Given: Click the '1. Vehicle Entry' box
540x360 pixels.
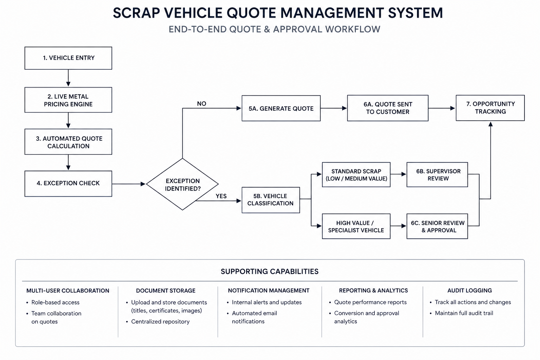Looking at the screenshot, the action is [68, 58].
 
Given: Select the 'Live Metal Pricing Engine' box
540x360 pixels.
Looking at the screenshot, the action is [68, 100].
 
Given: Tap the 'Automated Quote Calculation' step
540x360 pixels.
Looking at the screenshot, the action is [68, 142].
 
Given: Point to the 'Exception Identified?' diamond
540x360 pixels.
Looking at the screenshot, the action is [182, 184].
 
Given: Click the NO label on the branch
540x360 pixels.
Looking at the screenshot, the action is [201, 104].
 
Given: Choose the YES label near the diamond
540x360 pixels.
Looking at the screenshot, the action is [221, 196].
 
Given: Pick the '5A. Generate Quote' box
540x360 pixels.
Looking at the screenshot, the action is [281, 108].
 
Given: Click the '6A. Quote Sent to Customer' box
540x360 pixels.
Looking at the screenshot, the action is [388, 108].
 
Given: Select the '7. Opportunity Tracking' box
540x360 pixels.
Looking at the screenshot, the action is [490, 108].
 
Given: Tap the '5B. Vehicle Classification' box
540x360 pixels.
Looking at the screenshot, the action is [271, 200].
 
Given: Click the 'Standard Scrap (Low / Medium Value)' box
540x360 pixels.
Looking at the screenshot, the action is [356, 175].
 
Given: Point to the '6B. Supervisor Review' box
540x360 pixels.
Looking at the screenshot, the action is [437, 175].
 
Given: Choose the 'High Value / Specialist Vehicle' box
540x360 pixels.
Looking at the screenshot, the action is [356, 226].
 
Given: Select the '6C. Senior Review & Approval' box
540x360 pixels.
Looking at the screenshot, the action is [437, 226].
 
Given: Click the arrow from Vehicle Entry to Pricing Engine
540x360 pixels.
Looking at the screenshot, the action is [68, 78].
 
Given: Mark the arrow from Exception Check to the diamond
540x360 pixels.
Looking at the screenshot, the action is [129, 184].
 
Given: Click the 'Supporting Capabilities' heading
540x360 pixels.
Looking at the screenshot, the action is [270, 271].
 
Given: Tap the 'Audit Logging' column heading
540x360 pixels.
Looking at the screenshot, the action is [469, 290].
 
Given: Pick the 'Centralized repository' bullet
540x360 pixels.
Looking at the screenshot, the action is [160, 321].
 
